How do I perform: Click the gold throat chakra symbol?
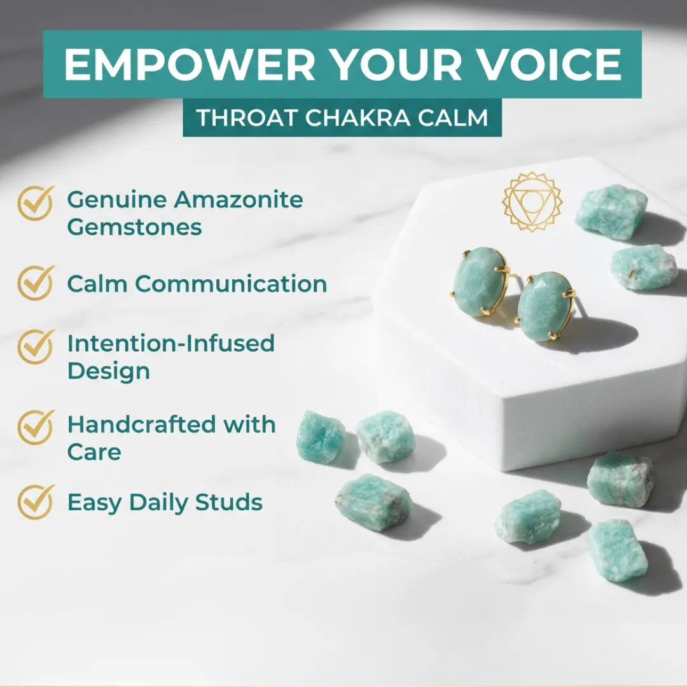pyautogui.click(x=532, y=202)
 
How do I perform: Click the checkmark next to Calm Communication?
pyautogui.click(x=36, y=283)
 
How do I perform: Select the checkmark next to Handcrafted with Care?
pyautogui.click(x=36, y=427)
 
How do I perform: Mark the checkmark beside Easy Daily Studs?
pyautogui.click(x=36, y=502)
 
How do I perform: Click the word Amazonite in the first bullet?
pyautogui.click(x=239, y=200)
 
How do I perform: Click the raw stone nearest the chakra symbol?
pyautogui.click(x=611, y=212)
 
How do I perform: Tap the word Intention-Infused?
pyautogui.click(x=170, y=343)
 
